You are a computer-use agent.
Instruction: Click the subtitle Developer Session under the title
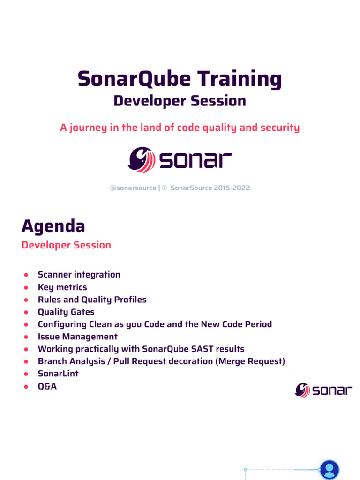pyautogui.click(x=180, y=101)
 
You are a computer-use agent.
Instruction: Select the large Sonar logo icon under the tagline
pyautogui.click(x=141, y=160)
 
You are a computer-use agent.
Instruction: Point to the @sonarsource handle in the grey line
pyautogui.click(x=133, y=188)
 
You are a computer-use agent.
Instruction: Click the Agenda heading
pyautogui.click(x=53, y=226)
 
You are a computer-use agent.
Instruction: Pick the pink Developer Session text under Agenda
pyautogui.click(x=66, y=245)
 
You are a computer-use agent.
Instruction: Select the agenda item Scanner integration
pyautogui.click(x=79, y=275)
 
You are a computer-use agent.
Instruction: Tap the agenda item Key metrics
pyautogui.click(x=62, y=287)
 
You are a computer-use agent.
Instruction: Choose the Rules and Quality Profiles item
pyautogui.click(x=92, y=300)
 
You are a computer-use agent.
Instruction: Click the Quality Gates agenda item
pyautogui.click(x=66, y=312)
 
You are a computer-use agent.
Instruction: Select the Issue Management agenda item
pyautogui.click(x=77, y=337)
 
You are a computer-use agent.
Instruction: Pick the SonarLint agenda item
pyautogui.click(x=58, y=374)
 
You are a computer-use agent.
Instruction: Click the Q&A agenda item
pyautogui.click(x=47, y=387)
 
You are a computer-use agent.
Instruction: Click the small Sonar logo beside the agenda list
pyautogui.click(x=324, y=390)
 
